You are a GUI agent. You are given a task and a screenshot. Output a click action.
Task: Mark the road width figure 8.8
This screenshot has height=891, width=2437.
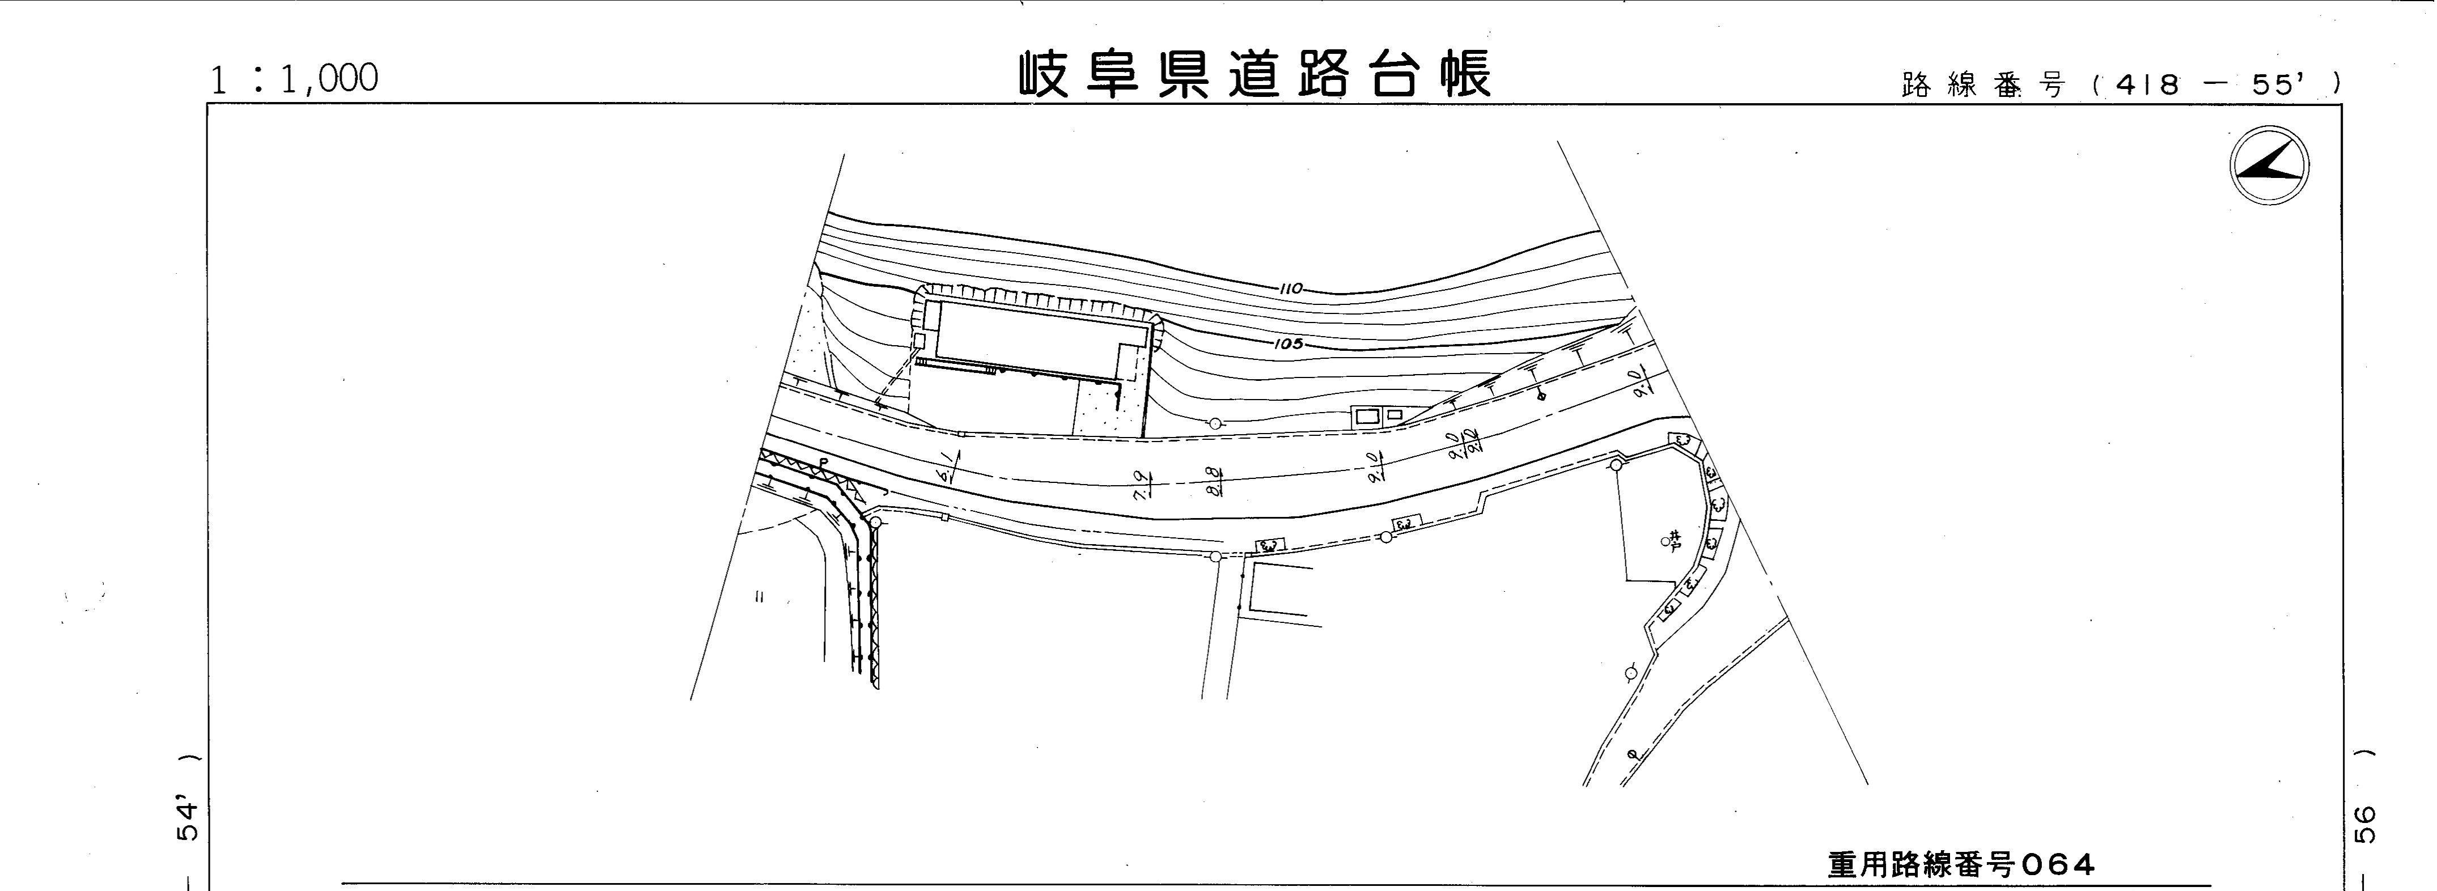click(1215, 481)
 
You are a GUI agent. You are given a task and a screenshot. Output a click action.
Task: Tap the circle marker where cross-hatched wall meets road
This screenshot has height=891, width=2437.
click(875, 522)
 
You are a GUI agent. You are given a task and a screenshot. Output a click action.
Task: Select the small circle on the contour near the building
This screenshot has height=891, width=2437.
click(1215, 423)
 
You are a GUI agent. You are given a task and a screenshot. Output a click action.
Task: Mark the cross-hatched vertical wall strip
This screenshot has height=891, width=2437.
click(874, 605)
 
